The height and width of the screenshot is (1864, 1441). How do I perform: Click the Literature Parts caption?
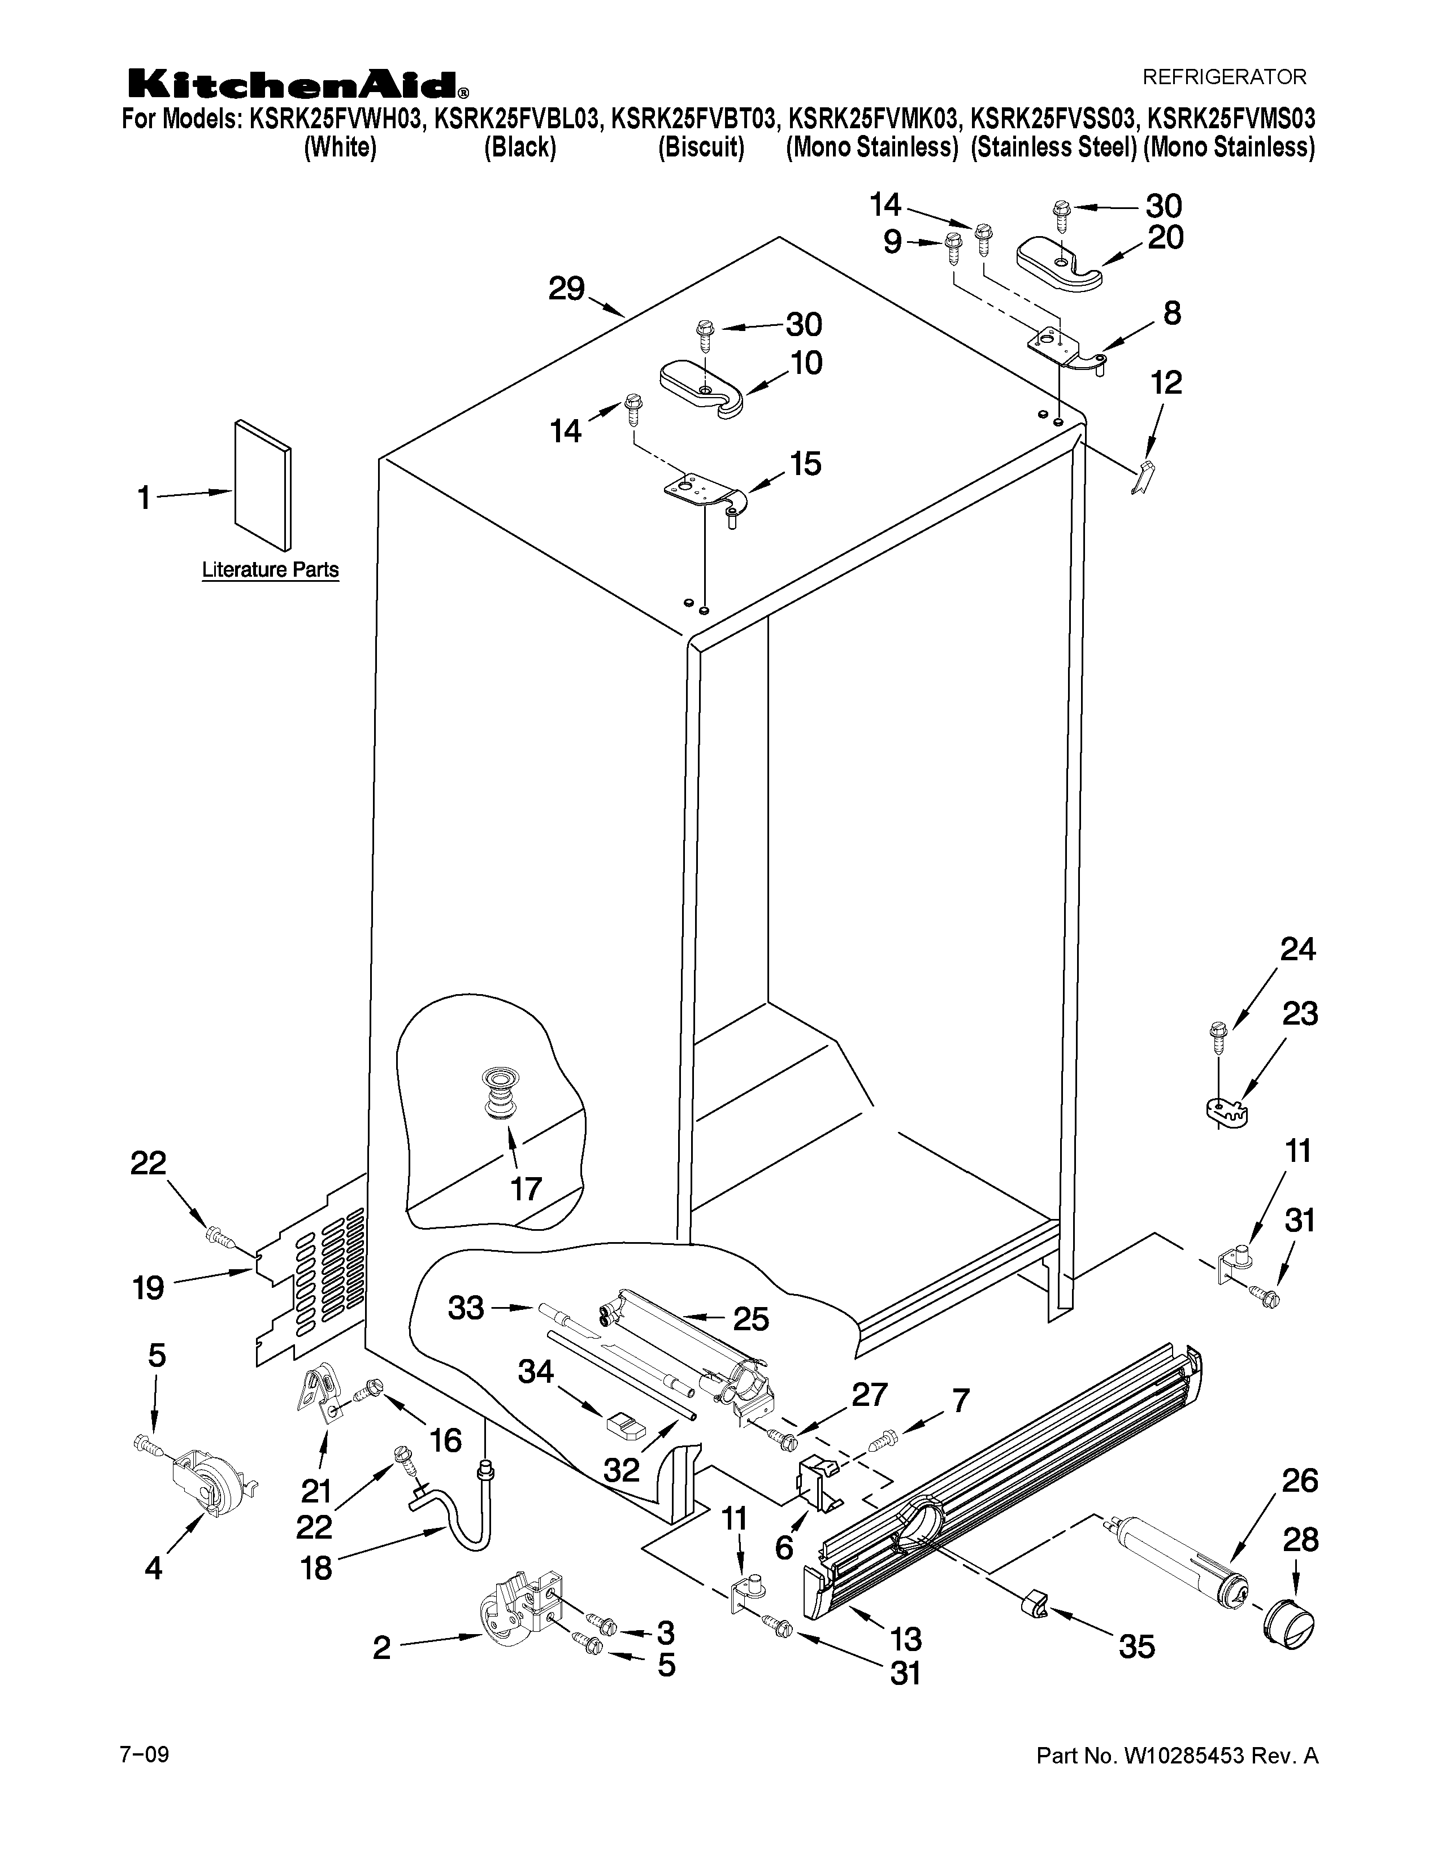[270, 569]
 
